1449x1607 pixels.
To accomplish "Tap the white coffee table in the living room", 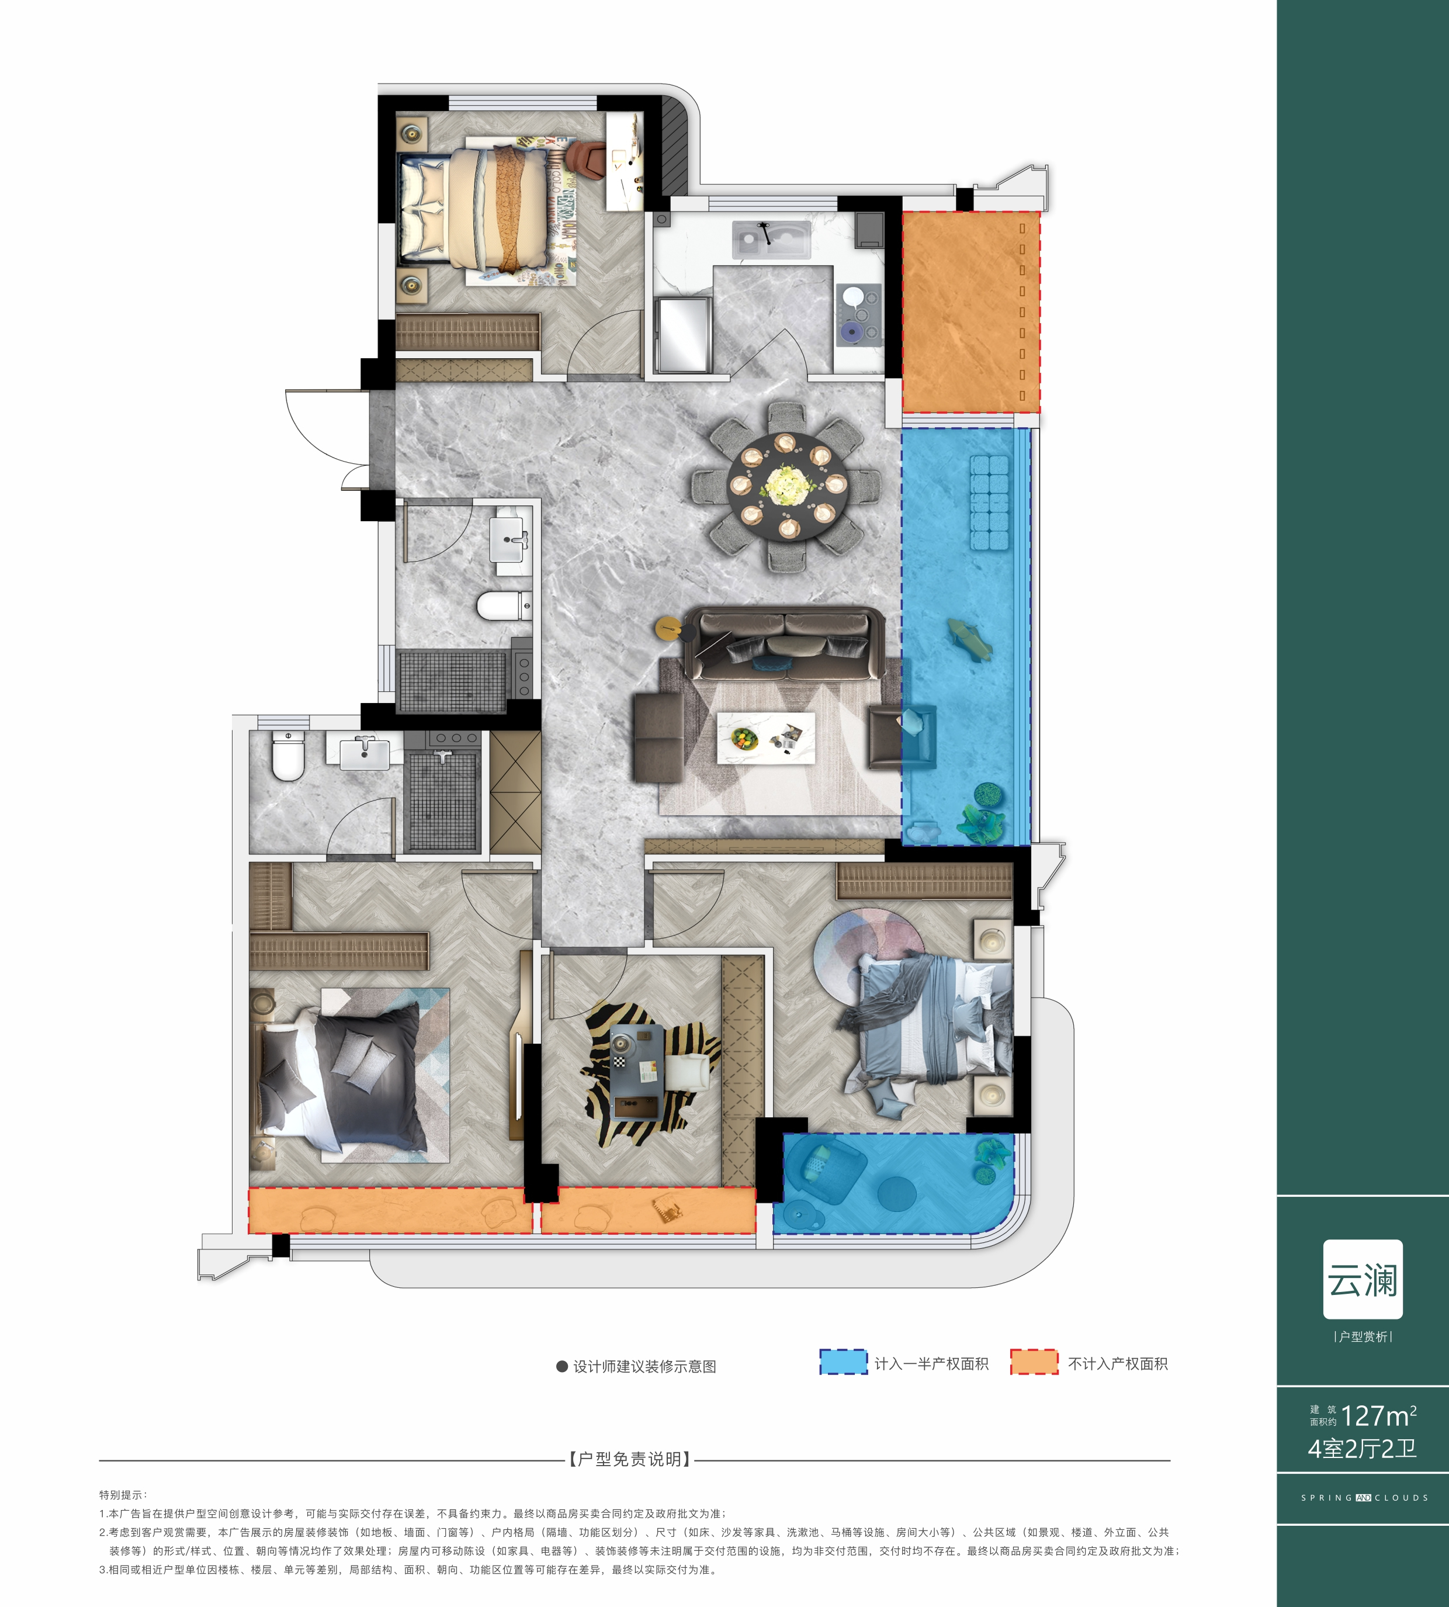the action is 766,737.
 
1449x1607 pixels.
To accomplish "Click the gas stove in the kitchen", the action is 859,314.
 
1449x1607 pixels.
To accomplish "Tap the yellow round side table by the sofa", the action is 668,628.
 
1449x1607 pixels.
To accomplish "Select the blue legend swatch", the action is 843,1361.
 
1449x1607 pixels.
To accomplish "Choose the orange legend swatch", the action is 1034,1361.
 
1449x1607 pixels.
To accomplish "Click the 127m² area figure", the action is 1378,1416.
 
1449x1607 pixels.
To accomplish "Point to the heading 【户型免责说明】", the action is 630,1459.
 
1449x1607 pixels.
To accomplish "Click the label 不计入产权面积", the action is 1118,1363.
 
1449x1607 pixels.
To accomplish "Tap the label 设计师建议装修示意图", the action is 644,1366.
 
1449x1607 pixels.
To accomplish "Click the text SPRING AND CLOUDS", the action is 1364,1497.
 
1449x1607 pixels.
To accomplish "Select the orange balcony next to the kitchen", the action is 970,311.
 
